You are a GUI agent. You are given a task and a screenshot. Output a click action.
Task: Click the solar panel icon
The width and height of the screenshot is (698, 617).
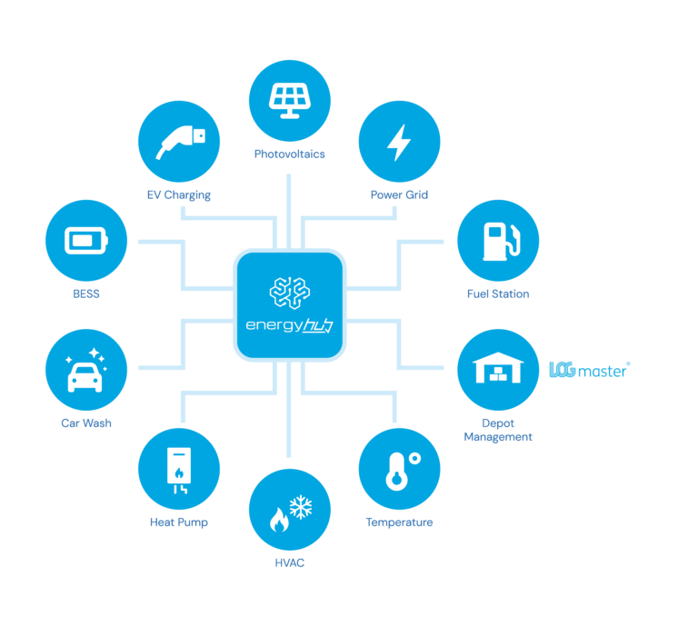click(x=289, y=101)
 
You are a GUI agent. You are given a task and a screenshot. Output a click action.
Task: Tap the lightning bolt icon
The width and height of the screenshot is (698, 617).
click(x=399, y=143)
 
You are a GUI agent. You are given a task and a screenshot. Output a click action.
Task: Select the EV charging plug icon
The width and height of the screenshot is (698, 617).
click(x=180, y=142)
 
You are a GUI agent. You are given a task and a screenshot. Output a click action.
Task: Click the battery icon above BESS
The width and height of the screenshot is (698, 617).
click(x=86, y=241)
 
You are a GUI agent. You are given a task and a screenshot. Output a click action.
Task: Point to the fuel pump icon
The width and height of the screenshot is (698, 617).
click(x=502, y=241)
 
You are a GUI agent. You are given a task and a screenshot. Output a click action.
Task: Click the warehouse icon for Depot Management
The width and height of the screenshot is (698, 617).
click(x=498, y=368)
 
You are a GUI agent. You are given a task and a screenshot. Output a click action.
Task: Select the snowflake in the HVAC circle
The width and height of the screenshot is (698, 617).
click(x=301, y=507)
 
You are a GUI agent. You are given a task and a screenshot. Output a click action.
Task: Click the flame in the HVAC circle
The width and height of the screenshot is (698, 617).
click(x=279, y=520)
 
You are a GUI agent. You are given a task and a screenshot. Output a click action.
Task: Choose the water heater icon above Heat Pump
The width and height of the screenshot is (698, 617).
click(x=179, y=470)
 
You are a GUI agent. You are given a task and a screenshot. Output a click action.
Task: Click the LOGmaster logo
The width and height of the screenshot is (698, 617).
click(x=589, y=370)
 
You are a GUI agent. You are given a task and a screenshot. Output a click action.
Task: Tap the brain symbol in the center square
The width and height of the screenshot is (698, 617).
click(x=289, y=293)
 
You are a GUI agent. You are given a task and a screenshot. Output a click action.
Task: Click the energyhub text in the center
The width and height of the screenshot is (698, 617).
click(x=289, y=325)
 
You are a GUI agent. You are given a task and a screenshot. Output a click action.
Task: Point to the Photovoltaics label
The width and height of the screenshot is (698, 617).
click(x=289, y=154)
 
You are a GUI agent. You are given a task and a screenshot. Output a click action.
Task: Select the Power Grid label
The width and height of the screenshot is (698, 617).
click(x=399, y=195)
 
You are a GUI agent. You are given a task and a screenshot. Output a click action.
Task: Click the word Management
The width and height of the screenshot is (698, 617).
click(x=498, y=437)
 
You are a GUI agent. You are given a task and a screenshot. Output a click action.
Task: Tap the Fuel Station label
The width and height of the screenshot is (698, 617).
click(x=498, y=294)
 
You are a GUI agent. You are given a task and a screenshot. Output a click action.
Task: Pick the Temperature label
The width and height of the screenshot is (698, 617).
click(x=399, y=522)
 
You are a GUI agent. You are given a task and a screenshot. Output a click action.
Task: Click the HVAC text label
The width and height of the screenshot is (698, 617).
click(x=289, y=563)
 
